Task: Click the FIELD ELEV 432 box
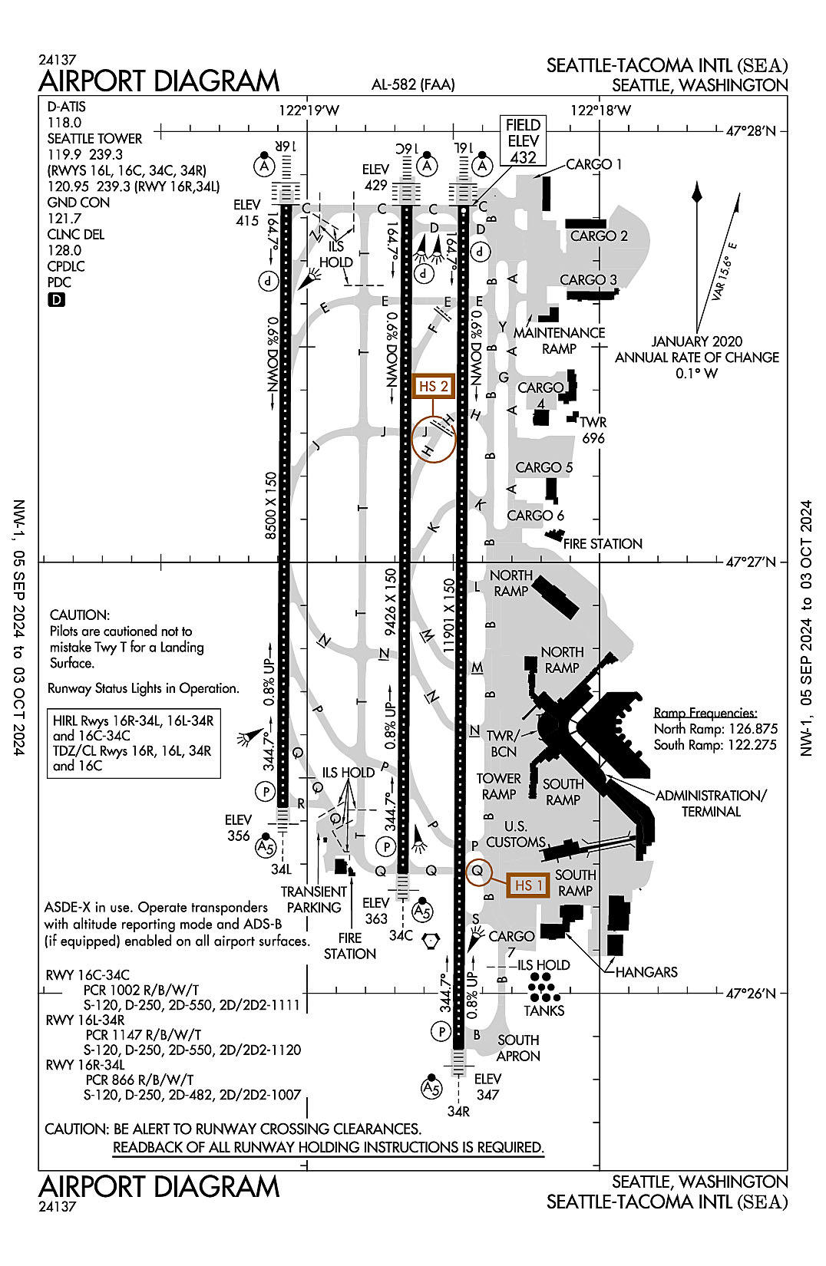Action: coord(523,141)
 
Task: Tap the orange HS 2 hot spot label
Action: coord(433,387)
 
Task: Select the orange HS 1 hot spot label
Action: coord(528,885)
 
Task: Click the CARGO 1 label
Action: coord(593,164)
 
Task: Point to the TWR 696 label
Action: coord(593,430)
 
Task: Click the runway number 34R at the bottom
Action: coord(458,1111)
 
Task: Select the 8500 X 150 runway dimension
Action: coord(271,505)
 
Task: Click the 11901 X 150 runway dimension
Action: coord(449,616)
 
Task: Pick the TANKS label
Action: coord(544,1011)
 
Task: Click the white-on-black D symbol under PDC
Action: coord(56,300)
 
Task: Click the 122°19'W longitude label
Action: coord(309,110)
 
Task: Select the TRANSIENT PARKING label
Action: coord(313,899)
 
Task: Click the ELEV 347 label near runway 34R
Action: coord(487,1086)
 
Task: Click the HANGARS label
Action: coord(646,972)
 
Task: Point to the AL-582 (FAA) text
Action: coord(413,85)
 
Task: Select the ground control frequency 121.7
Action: coord(64,219)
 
